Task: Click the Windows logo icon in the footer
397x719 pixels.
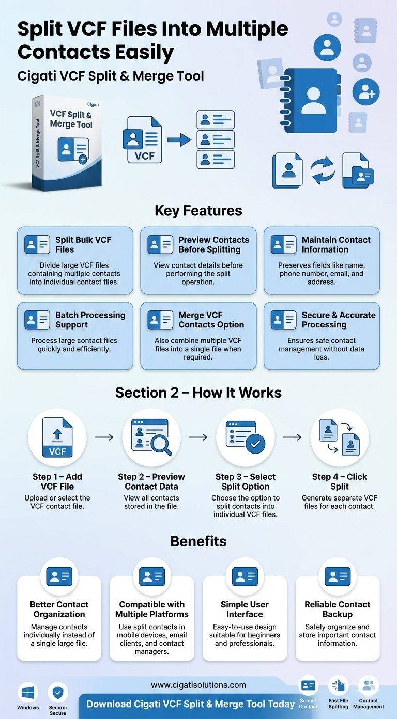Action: click(28, 692)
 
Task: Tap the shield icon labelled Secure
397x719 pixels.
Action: click(58, 692)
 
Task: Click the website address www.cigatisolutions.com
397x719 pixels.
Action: click(198, 685)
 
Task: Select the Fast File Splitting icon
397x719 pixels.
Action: click(339, 686)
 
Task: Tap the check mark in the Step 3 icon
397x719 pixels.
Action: click(255, 444)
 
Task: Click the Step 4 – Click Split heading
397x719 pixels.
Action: click(340, 481)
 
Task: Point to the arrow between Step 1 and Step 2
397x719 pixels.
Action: click(104, 437)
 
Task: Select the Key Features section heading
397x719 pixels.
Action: click(198, 211)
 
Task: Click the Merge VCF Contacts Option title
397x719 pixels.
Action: click(211, 320)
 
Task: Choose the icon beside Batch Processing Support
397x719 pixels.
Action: click(37, 320)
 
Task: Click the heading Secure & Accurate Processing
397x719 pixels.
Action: click(339, 320)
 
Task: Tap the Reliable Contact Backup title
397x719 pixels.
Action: click(338, 609)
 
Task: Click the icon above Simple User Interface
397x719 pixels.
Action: click(245, 576)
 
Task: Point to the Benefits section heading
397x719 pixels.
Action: click(198, 541)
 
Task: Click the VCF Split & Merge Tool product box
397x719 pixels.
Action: click(67, 142)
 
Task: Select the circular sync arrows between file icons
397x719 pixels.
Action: click(323, 171)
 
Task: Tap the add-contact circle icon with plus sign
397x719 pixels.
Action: click(366, 92)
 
